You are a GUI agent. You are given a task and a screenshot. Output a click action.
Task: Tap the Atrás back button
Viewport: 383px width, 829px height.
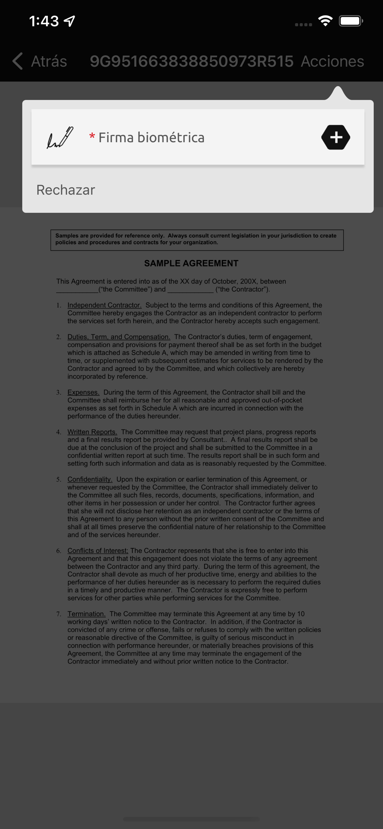(40, 61)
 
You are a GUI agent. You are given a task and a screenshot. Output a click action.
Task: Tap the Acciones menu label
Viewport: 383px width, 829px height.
(332, 61)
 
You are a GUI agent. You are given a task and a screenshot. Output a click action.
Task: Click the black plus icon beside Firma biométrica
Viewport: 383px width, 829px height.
(336, 137)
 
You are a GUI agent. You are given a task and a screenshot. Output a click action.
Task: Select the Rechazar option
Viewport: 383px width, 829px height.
(66, 190)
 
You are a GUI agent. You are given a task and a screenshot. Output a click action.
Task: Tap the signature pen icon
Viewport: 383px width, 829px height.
(60, 137)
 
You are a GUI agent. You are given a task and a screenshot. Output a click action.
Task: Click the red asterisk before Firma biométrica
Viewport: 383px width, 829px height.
(92, 137)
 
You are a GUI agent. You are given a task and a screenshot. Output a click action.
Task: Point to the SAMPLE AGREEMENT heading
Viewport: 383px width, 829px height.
(191, 263)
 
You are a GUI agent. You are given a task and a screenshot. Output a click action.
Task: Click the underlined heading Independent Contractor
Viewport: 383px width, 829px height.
(104, 305)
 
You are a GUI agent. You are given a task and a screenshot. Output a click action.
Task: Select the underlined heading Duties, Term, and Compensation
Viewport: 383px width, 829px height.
(119, 337)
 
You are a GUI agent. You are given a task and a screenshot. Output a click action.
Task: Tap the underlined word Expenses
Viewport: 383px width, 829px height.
(83, 392)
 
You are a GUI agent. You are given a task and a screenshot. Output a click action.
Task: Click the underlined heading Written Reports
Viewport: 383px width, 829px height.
(92, 432)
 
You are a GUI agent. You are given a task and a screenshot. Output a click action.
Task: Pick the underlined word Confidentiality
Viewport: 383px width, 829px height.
(90, 479)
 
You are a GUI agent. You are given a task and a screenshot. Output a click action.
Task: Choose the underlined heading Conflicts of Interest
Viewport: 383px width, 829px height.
(98, 550)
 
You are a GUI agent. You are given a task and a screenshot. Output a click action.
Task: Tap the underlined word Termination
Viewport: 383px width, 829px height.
(86, 614)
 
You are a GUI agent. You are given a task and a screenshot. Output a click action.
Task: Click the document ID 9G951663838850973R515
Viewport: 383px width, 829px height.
(191, 61)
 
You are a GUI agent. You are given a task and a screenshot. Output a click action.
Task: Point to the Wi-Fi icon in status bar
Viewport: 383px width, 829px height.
(325, 21)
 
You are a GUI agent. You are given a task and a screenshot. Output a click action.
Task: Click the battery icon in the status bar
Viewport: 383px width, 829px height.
(351, 21)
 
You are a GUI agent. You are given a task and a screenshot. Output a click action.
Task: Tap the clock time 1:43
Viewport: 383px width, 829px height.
(44, 21)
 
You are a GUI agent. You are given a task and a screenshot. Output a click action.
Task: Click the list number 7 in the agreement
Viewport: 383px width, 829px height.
(59, 614)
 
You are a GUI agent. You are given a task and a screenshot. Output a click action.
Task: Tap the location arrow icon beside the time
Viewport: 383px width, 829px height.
(70, 21)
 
